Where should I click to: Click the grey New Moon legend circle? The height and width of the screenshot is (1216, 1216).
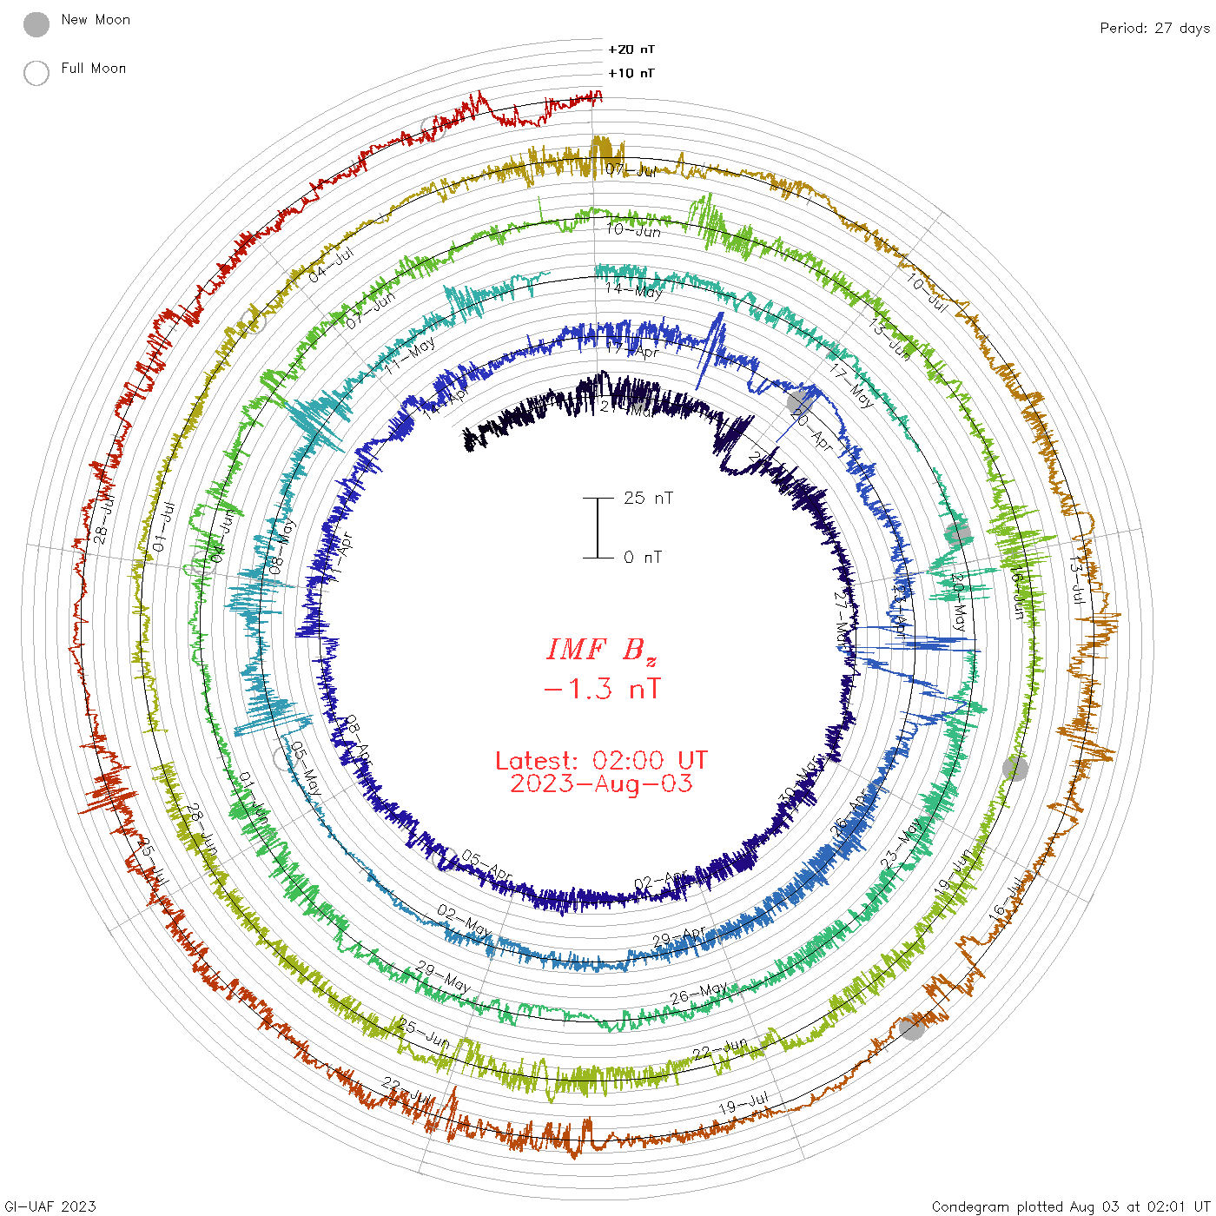point(36,24)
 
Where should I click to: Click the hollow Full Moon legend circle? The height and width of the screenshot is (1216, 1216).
point(36,73)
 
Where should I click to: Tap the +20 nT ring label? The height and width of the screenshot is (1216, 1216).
point(631,50)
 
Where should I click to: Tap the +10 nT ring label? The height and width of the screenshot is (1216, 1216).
point(631,73)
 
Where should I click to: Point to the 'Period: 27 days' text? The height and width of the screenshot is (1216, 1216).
point(1154,28)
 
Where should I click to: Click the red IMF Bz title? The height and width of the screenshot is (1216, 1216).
point(601,650)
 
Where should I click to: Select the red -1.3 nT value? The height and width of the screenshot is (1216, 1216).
point(601,689)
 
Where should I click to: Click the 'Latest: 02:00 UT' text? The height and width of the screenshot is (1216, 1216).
point(601,760)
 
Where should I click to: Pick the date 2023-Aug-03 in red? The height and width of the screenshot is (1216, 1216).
point(601,783)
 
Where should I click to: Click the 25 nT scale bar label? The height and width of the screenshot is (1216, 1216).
point(648,498)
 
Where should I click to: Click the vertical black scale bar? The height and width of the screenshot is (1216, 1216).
point(598,527)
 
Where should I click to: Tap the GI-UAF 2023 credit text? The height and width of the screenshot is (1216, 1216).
point(50,1206)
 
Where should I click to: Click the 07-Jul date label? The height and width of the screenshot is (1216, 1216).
point(631,169)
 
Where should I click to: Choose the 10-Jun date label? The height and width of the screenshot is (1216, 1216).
point(633,230)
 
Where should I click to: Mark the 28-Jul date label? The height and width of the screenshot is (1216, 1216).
point(103,520)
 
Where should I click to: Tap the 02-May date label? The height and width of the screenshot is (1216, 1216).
point(463,922)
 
